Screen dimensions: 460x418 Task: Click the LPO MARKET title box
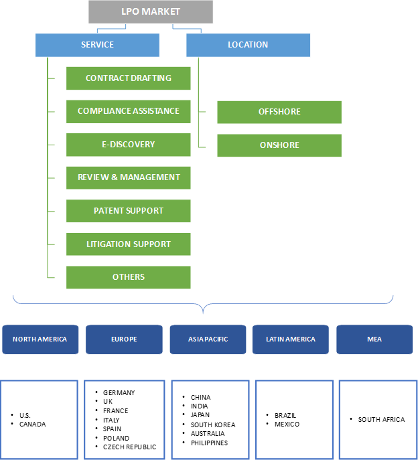[151, 12]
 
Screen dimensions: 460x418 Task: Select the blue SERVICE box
[97, 45]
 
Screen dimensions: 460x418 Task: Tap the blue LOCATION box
[248, 45]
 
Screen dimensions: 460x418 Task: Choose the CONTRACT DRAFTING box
[128, 78]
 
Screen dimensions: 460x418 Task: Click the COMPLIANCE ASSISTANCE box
[128, 111]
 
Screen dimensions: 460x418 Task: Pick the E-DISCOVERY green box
[128, 144]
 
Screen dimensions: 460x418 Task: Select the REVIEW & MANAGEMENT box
[128, 177]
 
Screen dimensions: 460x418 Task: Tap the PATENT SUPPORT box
[128, 210]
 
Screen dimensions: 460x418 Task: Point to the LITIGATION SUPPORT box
[128, 244]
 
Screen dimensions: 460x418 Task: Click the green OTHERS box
[128, 277]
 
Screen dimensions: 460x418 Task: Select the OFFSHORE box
[279, 112]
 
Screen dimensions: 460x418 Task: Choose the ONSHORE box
[279, 145]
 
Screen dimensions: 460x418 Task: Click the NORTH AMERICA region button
[40, 339]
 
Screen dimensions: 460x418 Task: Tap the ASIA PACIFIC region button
[208, 339]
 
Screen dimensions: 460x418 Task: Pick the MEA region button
[374, 339]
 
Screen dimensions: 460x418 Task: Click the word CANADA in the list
[33, 425]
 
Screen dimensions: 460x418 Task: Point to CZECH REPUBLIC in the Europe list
[129, 447]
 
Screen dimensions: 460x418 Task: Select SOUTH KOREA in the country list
[212, 425]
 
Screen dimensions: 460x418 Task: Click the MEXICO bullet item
[287, 425]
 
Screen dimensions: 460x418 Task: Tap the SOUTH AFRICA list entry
[380, 420]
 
